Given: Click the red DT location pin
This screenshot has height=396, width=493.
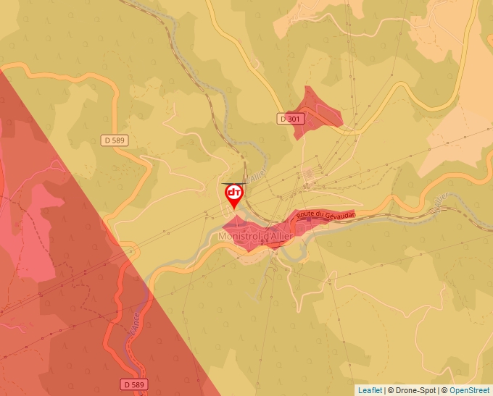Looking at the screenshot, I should [233, 195].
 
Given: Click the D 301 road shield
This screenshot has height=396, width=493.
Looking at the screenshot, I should [291, 118].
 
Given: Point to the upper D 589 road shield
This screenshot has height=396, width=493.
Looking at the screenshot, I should [115, 140].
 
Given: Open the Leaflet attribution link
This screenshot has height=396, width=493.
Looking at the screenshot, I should [370, 390].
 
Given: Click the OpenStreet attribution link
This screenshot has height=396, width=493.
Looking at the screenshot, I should [470, 390].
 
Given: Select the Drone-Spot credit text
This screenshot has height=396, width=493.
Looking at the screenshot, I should [413, 390].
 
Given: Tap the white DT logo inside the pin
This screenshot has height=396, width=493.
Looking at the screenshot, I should [233, 193].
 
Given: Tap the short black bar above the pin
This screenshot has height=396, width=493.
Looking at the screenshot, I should [233, 184].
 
